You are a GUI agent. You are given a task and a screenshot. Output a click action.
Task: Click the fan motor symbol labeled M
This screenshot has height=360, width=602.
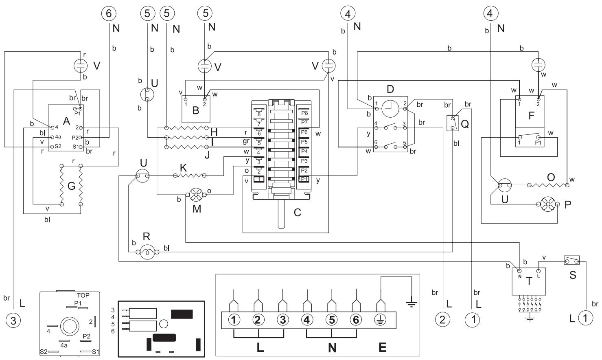point(196,195)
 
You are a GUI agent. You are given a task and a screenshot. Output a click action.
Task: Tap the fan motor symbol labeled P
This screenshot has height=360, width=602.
point(548,204)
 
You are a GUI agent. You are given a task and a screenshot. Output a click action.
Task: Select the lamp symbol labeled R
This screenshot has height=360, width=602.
point(147,252)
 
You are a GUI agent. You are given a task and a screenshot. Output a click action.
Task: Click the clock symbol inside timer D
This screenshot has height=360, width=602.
point(390,109)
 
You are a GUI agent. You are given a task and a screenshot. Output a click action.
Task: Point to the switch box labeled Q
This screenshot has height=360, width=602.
point(453,123)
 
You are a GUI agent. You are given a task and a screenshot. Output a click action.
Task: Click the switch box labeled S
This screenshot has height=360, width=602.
point(571,260)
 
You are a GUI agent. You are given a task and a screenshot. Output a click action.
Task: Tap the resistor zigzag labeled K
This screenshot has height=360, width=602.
point(190,176)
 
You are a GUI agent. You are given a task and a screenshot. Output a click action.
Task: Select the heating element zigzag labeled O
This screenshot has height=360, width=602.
point(548,185)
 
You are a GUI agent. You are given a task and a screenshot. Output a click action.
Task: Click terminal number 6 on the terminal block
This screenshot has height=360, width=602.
point(356,320)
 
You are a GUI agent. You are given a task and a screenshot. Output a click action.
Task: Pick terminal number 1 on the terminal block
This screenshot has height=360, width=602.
point(234,320)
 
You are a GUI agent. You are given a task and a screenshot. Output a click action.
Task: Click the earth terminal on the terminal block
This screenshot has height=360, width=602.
point(380,320)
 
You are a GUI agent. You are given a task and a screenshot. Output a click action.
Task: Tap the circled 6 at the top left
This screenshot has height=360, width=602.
point(109,13)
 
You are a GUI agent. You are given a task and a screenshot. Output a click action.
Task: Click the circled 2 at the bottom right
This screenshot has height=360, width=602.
point(442,319)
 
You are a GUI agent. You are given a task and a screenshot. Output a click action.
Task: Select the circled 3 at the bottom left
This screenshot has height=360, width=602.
point(13,320)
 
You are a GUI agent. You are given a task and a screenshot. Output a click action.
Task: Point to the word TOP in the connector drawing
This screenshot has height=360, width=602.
point(83,295)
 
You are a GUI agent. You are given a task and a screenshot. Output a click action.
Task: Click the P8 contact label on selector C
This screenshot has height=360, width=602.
point(304,113)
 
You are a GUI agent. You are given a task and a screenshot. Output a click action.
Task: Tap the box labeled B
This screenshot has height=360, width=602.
point(196,109)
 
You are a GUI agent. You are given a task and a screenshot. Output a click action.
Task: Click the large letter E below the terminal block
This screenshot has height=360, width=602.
point(383,347)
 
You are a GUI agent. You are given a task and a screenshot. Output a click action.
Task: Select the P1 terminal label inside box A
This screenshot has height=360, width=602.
point(77,114)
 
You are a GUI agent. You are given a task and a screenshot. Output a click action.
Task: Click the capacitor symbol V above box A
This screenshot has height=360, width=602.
point(80,65)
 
